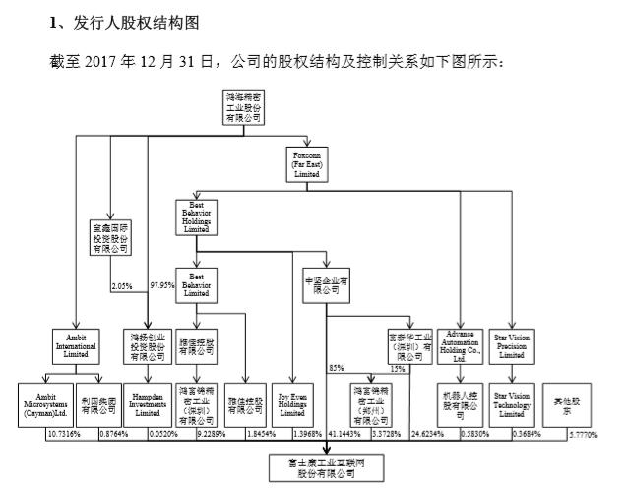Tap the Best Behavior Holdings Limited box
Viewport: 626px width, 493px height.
(194, 217)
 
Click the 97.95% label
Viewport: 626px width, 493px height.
(160, 286)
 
